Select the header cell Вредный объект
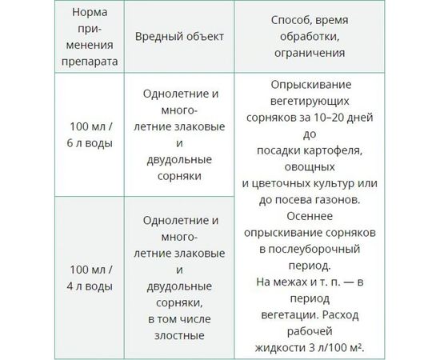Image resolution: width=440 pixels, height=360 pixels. coord(179,37)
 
